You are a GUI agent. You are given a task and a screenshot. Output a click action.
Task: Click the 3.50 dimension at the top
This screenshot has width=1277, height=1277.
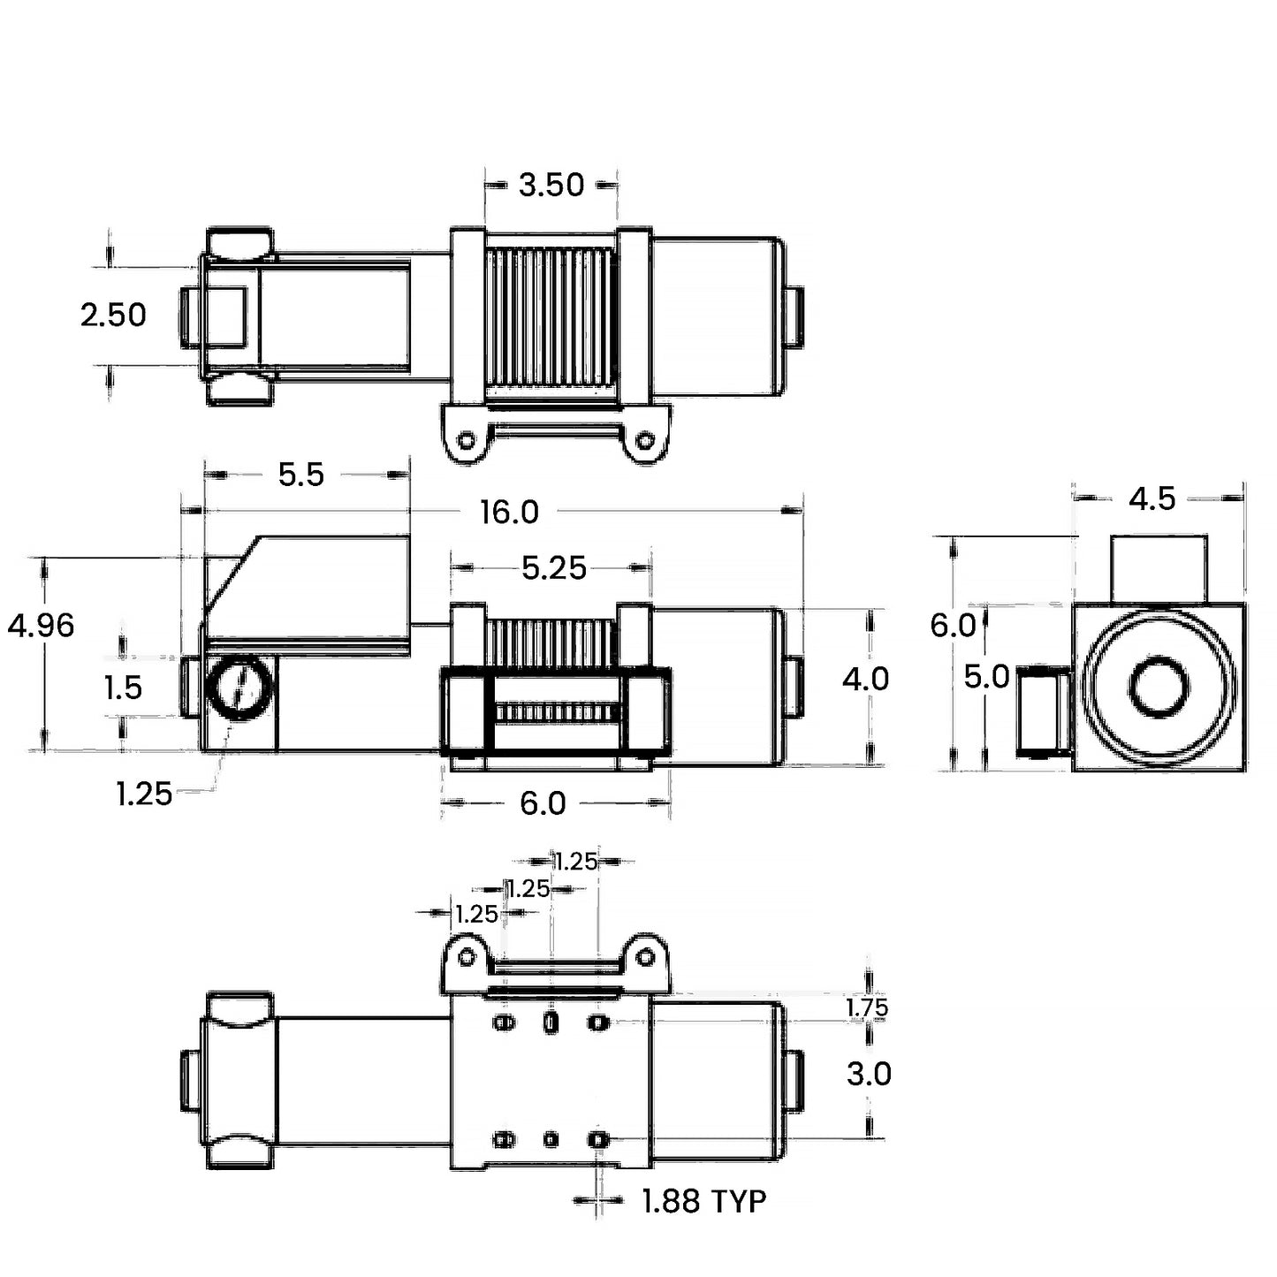(x=551, y=185)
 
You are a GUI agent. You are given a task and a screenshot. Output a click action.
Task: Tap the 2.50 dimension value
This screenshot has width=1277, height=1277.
(x=113, y=315)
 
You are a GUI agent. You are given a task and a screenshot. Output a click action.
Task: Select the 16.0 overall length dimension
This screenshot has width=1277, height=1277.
(x=509, y=512)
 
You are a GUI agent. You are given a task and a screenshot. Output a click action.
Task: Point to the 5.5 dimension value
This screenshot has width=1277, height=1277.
(x=301, y=475)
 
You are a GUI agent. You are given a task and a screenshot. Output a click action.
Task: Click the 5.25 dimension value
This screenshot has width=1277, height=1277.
(x=554, y=568)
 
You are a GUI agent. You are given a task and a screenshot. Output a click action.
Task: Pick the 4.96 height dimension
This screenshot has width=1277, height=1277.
(x=42, y=626)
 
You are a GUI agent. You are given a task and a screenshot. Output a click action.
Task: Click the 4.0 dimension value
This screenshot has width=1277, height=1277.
(x=865, y=679)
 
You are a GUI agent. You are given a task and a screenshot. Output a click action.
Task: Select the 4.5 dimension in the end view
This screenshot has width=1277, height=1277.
(x=1152, y=499)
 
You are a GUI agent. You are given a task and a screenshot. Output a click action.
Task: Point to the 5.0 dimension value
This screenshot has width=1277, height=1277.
(x=986, y=677)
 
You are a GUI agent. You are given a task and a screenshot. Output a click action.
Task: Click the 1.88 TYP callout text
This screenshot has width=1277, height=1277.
(x=703, y=1201)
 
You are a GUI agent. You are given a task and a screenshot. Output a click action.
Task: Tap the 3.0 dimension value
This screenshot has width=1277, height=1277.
(x=869, y=1074)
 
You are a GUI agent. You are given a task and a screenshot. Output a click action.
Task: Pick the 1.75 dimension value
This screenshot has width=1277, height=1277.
(x=867, y=1007)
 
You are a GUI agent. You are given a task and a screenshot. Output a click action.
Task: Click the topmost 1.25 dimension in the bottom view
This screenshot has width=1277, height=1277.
(x=575, y=861)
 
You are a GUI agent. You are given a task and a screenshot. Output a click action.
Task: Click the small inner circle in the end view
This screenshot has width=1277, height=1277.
(x=1159, y=688)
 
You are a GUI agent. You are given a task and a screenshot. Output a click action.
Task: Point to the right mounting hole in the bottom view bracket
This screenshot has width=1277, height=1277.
(x=646, y=957)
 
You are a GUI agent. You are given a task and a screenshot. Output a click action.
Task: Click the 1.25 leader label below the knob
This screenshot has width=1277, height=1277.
(x=144, y=794)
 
